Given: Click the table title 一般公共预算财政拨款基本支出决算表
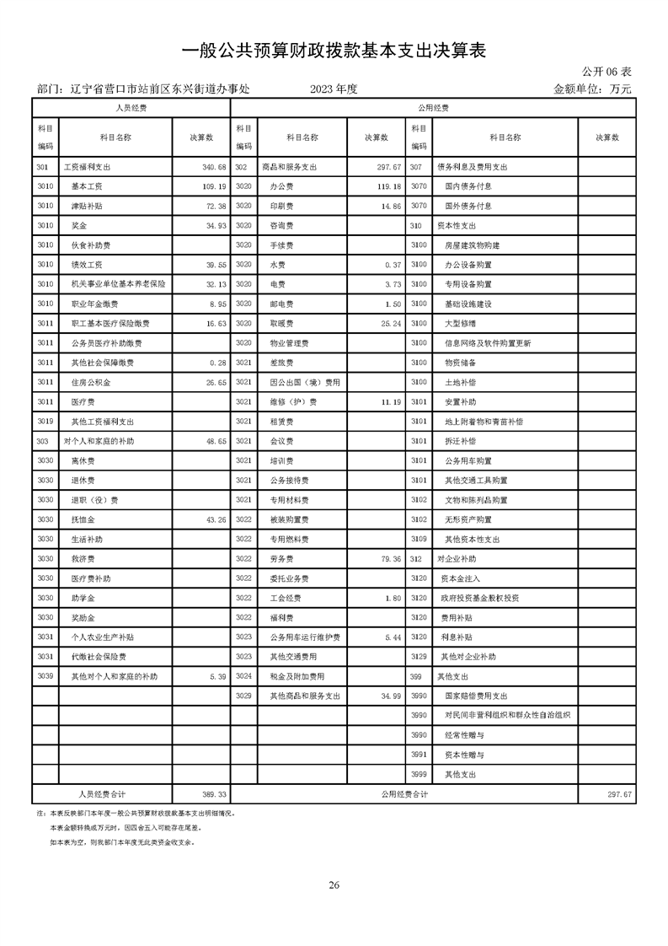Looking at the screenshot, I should pyautogui.click(x=334, y=51).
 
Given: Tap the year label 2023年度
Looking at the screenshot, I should pyautogui.click(x=334, y=89).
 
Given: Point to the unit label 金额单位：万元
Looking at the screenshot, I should pyautogui.click(x=592, y=89).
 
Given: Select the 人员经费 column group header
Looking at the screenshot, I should pyautogui.click(x=131, y=108).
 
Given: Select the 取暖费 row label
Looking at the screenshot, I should pyautogui.click(x=281, y=323).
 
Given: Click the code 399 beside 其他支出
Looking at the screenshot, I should pyautogui.click(x=414, y=676).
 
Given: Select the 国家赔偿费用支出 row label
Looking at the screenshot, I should pyautogui.click(x=476, y=696).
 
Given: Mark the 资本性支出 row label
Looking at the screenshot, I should pyautogui.click(x=457, y=225).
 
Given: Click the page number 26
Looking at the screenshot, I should pyautogui.click(x=334, y=884).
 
